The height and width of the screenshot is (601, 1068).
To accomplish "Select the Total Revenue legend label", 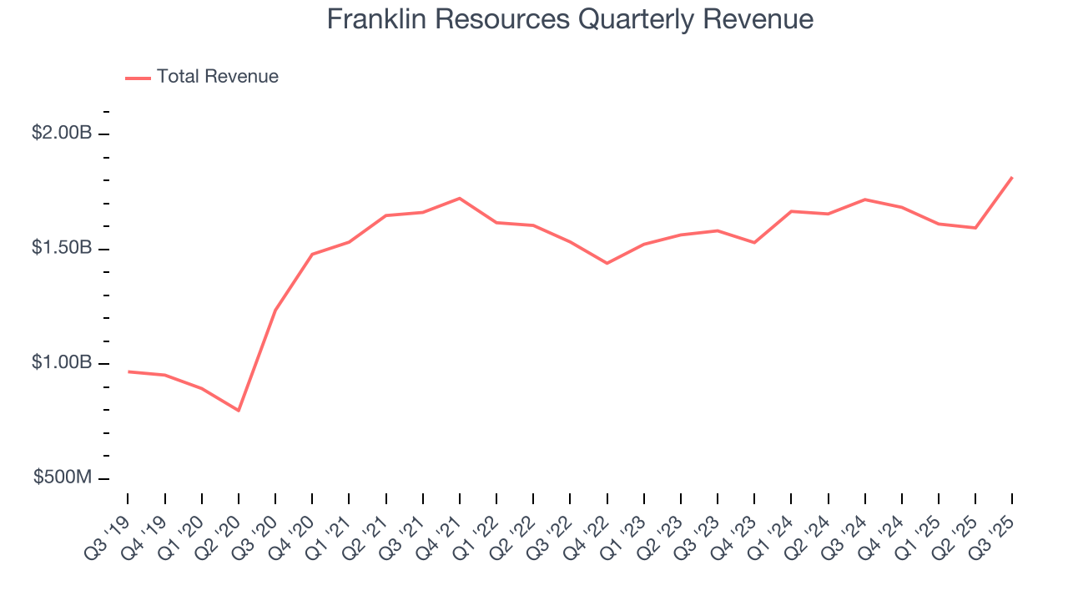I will [x=218, y=77].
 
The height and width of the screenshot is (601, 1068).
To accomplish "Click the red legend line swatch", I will [x=138, y=78].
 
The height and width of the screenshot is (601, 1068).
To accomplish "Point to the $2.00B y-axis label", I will [x=62, y=133].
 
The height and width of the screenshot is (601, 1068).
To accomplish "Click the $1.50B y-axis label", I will [x=62, y=248].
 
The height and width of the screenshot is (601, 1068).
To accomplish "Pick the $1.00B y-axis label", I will [x=62, y=363].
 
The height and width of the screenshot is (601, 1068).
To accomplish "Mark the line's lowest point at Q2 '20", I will [x=239, y=411].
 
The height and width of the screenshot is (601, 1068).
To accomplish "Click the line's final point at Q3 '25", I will [x=1012, y=177].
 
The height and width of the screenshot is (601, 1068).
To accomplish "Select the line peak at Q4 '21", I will [x=460, y=198].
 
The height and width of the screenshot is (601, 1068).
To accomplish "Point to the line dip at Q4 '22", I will [x=607, y=264].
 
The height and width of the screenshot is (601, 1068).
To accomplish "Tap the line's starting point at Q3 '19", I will [x=128, y=371].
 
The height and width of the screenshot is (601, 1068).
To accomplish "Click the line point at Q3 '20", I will [x=275, y=310].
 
